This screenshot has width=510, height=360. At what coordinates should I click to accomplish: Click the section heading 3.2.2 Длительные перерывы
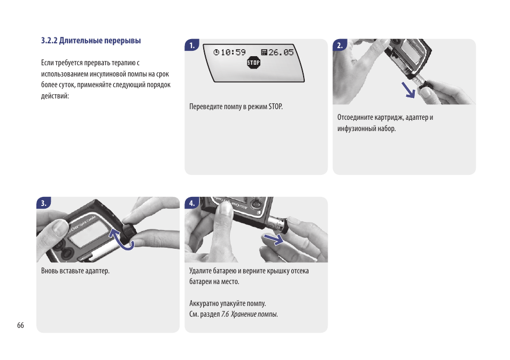pyautogui.click(x=91, y=41)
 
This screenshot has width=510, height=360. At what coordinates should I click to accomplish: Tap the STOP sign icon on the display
pyautogui.click(x=254, y=63)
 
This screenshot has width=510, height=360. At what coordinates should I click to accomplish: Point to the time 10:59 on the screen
pyautogui.click(x=233, y=52)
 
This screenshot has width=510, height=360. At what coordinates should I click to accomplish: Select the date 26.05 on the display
pyautogui.click(x=281, y=52)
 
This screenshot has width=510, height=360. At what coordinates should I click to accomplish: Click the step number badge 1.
pyautogui.click(x=192, y=45)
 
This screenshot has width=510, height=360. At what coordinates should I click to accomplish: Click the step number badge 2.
pyautogui.click(x=340, y=45)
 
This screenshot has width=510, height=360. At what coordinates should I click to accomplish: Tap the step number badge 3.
pyautogui.click(x=44, y=203)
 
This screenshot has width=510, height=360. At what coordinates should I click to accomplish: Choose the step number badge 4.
pyautogui.click(x=192, y=203)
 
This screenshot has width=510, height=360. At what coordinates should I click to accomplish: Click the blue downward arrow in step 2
pyautogui.click(x=408, y=90)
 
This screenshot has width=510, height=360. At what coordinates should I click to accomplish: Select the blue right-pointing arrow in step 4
pyautogui.click(x=274, y=239)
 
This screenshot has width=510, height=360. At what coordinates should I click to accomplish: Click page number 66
pyautogui.click(x=20, y=325)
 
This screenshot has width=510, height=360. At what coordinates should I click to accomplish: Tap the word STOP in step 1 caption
pyautogui.click(x=275, y=106)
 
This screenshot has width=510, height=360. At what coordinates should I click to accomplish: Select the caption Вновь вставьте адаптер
pyautogui.click(x=75, y=271)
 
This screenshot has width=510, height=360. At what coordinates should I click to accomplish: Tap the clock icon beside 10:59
pyautogui.click(x=217, y=52)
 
